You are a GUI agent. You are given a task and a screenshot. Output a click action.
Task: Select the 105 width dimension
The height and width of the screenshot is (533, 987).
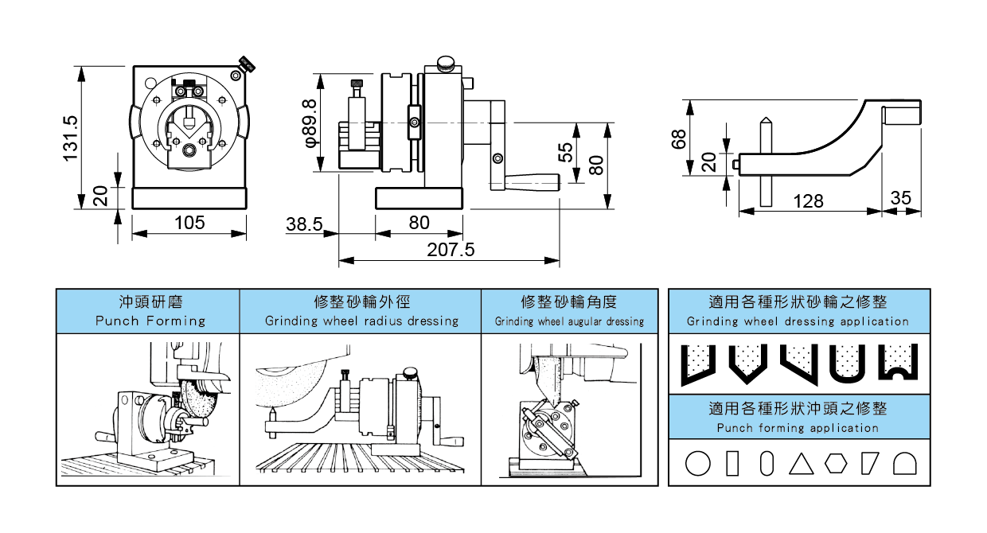pos(189,222)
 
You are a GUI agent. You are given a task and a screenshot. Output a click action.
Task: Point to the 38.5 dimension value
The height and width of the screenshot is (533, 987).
pos(304,225)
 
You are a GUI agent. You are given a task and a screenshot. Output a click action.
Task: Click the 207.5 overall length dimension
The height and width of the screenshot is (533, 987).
pos(451,250)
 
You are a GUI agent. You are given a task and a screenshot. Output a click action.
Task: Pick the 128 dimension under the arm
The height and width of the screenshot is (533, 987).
pos(808,201)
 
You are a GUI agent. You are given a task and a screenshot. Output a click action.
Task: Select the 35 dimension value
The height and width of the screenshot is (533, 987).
pos(901,198)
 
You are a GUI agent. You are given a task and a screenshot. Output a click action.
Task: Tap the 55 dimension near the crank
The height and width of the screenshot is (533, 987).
pos(566,151)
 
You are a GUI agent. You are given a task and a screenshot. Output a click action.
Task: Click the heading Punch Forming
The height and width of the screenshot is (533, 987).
pos(150,321)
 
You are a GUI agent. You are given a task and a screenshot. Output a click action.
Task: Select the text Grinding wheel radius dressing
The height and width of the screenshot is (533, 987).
pos(361,321)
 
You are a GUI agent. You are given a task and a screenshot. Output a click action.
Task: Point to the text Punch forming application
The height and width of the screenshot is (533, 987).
pos(798,428)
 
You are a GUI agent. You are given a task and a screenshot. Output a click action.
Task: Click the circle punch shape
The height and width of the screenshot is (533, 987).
pos(697,463)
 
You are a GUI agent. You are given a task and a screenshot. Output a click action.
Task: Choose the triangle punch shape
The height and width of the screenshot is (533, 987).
pos(799,463)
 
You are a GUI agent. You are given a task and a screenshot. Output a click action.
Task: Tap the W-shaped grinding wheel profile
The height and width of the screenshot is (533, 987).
pos(899,362)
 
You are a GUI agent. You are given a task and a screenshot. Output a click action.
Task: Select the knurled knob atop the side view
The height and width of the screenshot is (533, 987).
pos(446,63)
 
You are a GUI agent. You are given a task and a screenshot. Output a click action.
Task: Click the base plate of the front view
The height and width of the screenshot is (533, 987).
pos(189,198)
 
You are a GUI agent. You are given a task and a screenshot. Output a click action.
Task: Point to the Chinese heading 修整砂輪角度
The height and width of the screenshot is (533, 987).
pos(569,302)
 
